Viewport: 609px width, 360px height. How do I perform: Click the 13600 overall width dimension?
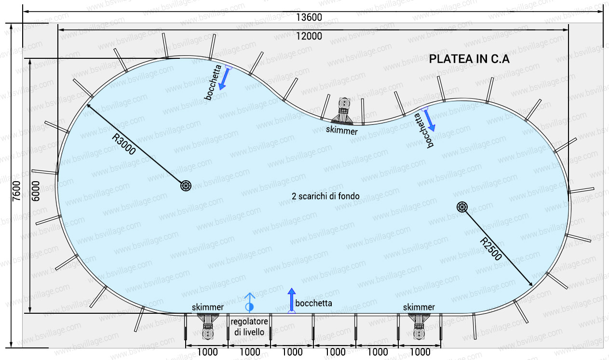pos(309,17)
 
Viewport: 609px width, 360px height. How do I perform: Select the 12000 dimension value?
pos(309,36)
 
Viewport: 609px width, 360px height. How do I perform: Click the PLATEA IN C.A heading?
pos(469,59)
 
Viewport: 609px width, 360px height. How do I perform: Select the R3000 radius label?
pos(123,143)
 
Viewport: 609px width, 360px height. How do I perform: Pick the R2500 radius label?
pos(491,249)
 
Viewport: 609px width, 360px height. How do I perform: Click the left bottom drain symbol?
pos(186,186)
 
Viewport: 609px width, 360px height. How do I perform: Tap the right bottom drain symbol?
pos(462,207)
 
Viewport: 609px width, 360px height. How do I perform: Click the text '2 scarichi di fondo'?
pos(325,196)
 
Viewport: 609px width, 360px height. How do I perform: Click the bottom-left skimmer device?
pos(207,325)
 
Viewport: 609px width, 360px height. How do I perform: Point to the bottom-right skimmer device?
pos(419,325)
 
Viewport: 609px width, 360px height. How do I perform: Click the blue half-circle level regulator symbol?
pos(249,307)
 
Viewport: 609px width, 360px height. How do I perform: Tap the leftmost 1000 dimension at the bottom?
pos(207,352)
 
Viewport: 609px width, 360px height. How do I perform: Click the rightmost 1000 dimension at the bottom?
pos(420,352)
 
